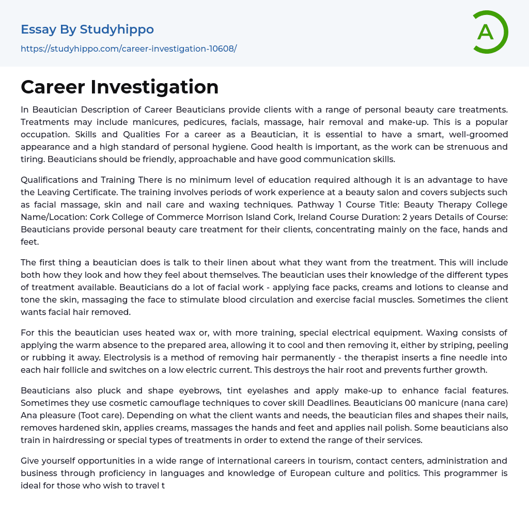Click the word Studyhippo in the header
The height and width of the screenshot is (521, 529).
pyautogui.click(x=117, y=29)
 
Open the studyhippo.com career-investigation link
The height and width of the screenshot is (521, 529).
pyautogui.click(x=129, y=49)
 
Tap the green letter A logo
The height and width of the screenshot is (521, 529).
pyautogui.click(x=486, y=32)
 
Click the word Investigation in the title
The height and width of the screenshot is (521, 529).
pyautogui.click(x=154, y=87)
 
